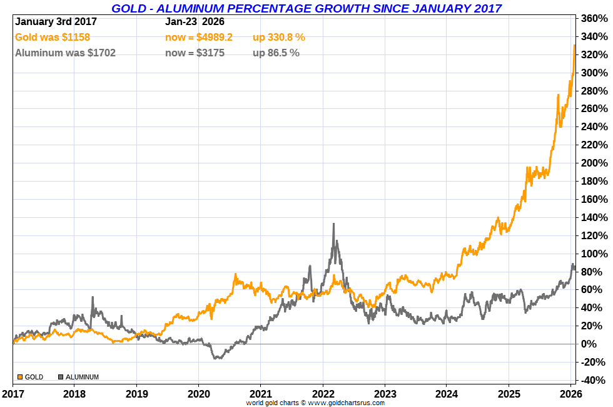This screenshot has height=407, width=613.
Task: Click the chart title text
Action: pos(306,8)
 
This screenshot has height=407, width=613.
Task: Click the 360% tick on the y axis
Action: pos(594,19)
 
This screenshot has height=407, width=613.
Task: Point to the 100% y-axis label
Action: pos(594,254)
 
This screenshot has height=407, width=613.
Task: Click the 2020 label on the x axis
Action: pos(198,394)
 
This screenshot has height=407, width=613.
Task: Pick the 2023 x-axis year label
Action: pos(385,394)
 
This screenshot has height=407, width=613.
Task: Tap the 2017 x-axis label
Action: pos(12,394)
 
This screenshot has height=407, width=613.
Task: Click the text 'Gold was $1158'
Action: pos(53,38)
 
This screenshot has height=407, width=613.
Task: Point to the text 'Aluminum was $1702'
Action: pos(65,53)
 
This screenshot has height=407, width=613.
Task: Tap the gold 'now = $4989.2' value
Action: pos(199,38)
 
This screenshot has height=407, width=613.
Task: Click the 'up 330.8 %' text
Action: pos(279,38)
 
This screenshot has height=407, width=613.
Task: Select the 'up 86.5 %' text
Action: pos(276,53)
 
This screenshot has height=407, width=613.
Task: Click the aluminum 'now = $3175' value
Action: pos(195,53)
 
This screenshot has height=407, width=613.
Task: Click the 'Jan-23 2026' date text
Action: pos(195,22)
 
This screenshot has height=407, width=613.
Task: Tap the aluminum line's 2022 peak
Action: pos(334,224)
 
